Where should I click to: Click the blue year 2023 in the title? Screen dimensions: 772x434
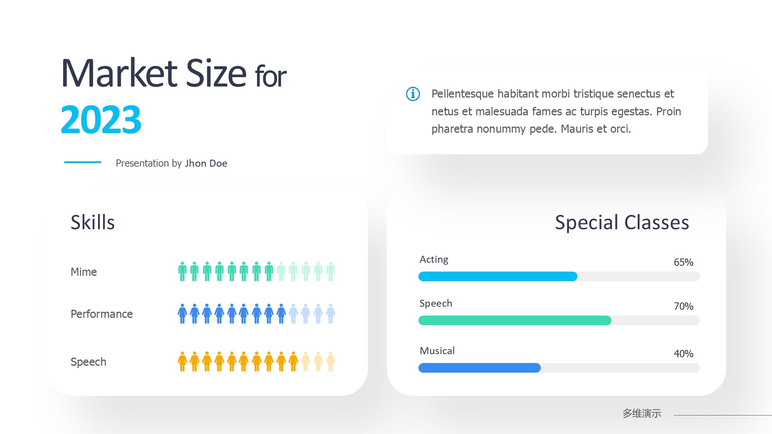[x=101, y=120]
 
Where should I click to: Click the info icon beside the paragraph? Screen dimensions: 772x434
[x=413, y=94]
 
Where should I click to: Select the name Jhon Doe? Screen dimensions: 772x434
[x=206, y=163]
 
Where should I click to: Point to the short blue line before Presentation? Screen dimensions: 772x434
[x=83, y=162]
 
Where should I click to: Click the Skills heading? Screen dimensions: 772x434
[x=93, y=222]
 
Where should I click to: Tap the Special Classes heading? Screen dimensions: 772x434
[x=622, y=222]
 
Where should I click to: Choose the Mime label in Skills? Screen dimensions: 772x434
[x=84, y=272]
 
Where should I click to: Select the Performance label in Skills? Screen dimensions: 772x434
[x=102, y=314]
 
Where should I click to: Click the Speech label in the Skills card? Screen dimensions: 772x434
[x=88, y=362]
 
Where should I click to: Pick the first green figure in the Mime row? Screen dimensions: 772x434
[x=183, y=271]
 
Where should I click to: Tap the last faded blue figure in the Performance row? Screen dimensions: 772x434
[x=331, y=313]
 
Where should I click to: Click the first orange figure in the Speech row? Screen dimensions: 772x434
[x=183, y=361]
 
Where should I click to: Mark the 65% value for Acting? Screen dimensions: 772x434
[x=684, y=262]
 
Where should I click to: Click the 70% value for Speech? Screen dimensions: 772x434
[x=684, y=306]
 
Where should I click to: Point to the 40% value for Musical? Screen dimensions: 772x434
[x=684, y=354]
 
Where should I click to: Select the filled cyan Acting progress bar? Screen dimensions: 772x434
[x=498, y=276]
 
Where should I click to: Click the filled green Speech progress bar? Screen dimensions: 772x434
[x=515, y=320]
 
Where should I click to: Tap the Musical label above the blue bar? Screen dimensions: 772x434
[x=437, y=351]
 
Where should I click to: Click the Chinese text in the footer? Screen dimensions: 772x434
[x=642, y=414]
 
